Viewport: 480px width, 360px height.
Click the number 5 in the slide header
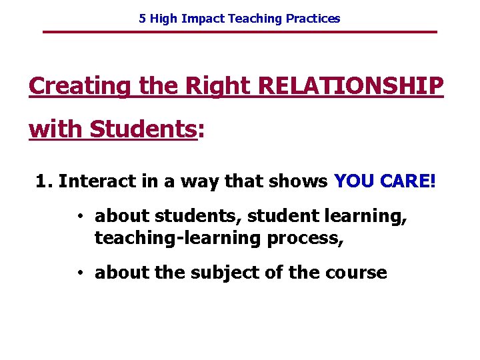142,19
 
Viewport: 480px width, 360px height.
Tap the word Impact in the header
203,19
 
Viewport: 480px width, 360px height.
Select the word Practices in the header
313,19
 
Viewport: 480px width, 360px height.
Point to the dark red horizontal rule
240,32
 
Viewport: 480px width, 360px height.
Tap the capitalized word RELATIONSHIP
350,87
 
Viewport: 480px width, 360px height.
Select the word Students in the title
143,129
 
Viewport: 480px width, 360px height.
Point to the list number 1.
42,181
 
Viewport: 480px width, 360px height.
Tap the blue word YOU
353,181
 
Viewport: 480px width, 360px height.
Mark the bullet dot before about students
79,217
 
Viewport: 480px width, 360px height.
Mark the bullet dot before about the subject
79,273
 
